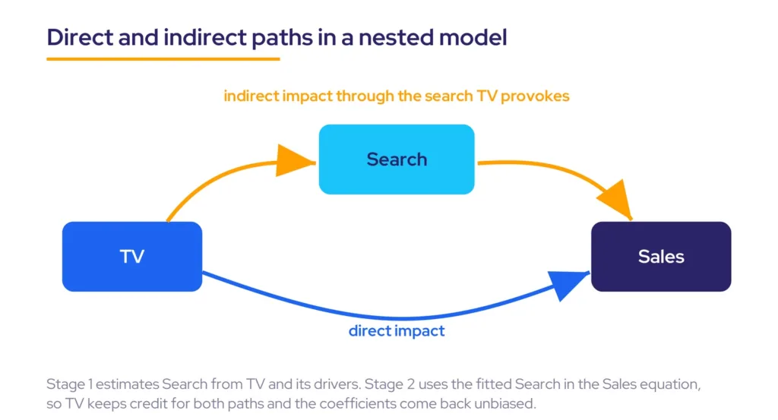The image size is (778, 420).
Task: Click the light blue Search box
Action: click(397, 159)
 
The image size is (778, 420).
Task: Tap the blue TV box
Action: click(132, 257)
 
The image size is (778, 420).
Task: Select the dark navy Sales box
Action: click(661, 257)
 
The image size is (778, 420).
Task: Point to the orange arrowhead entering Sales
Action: click(616, 199)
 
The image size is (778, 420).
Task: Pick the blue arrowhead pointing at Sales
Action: click(568, 284)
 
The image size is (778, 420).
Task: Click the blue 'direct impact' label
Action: click(397, 330)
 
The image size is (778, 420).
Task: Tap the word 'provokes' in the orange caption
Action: click(535, 96)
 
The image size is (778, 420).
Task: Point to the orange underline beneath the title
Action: click(163, 59)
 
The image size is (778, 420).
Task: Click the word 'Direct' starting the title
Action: click(80, 38)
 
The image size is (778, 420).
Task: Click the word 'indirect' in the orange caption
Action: click(251, 96)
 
